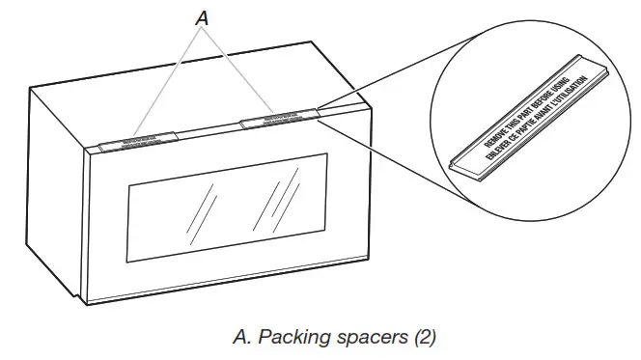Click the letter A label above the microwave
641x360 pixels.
click(201, 16)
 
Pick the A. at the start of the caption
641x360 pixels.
click(244, 337)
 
